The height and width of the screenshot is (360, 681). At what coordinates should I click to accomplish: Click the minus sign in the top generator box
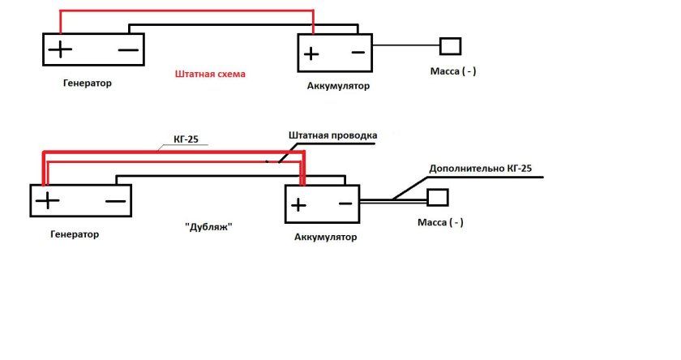click(x=127, y=49)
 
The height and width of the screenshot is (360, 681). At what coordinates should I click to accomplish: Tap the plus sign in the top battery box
click(x=311, y=54)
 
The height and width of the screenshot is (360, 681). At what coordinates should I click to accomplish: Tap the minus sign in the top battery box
click(x=357, y=53)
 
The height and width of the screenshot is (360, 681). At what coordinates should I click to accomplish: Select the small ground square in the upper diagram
click(x=450, y=45)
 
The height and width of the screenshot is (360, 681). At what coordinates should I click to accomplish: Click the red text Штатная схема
click(x=210, y=74)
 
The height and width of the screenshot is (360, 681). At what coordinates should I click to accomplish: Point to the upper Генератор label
click(x=86, y=83)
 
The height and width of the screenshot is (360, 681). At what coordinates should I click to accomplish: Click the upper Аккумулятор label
click(x=338, y=85)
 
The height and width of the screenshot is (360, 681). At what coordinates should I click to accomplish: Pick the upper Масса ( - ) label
click(x=452, y=71)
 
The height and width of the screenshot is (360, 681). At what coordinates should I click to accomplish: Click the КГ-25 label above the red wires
click(x=186, y=139)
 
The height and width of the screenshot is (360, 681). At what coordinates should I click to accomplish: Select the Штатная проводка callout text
click(x=332, y=135)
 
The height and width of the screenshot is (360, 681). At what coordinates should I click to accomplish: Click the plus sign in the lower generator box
click(x=47, y=200)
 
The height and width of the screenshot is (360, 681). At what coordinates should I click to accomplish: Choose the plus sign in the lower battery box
click(x=299, y=204)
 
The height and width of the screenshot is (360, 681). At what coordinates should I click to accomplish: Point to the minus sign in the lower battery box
click(x=345, y=204)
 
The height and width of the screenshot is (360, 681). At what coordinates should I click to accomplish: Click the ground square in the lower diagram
click(x=438, y=197)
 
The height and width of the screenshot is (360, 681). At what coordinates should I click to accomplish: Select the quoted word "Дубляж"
click(x=209, y=228)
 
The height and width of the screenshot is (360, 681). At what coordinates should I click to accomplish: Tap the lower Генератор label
click(x=74, y=234)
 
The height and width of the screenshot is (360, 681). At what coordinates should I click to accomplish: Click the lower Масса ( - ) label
click(x=440, y=222)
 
